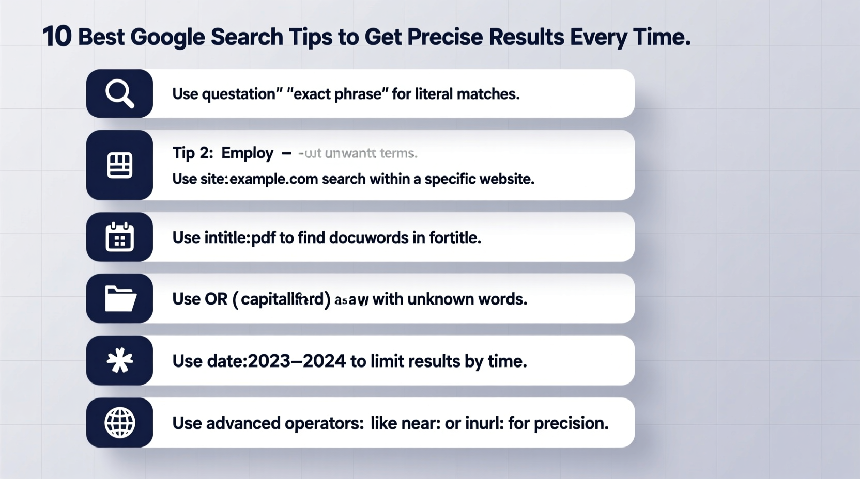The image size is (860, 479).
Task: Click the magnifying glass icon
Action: coord(119,93)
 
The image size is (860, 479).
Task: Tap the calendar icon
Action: coord(119,237)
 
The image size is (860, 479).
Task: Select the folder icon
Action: coord(120,298)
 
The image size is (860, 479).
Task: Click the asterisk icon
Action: coord(119,360)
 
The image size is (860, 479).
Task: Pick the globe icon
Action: coord(119,422)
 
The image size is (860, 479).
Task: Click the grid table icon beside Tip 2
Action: coord(119,165)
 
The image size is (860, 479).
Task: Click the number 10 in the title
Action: coord(57,37)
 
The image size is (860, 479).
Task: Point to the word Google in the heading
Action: coord(167,37)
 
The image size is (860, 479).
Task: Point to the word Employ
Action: coord(247,153)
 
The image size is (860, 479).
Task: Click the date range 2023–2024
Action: coord(297,361)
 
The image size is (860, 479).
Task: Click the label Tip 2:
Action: coord(192,153)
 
